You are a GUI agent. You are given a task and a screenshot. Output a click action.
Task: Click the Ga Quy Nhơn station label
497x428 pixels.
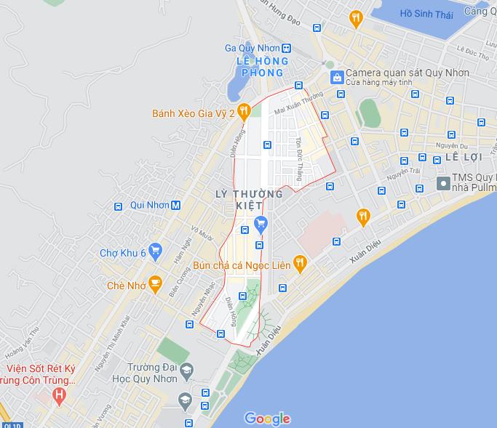252,48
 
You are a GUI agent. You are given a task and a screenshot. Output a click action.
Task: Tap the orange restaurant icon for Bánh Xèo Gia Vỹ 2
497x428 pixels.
244,111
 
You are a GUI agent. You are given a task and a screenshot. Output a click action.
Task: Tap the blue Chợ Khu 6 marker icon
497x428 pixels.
155,251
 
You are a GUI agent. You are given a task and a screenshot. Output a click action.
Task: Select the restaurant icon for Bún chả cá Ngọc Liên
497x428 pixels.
299,263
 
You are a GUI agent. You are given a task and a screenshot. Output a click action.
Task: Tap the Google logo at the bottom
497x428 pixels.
267,419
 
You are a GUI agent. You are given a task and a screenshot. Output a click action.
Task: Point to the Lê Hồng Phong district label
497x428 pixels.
260,67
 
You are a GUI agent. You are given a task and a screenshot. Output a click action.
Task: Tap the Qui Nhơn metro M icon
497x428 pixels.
175,206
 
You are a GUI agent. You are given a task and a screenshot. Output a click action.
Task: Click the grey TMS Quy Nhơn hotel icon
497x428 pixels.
442,182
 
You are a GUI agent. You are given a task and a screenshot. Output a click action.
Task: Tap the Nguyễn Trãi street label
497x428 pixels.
405,175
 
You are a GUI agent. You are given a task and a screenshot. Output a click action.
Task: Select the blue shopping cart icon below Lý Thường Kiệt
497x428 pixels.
261,223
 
